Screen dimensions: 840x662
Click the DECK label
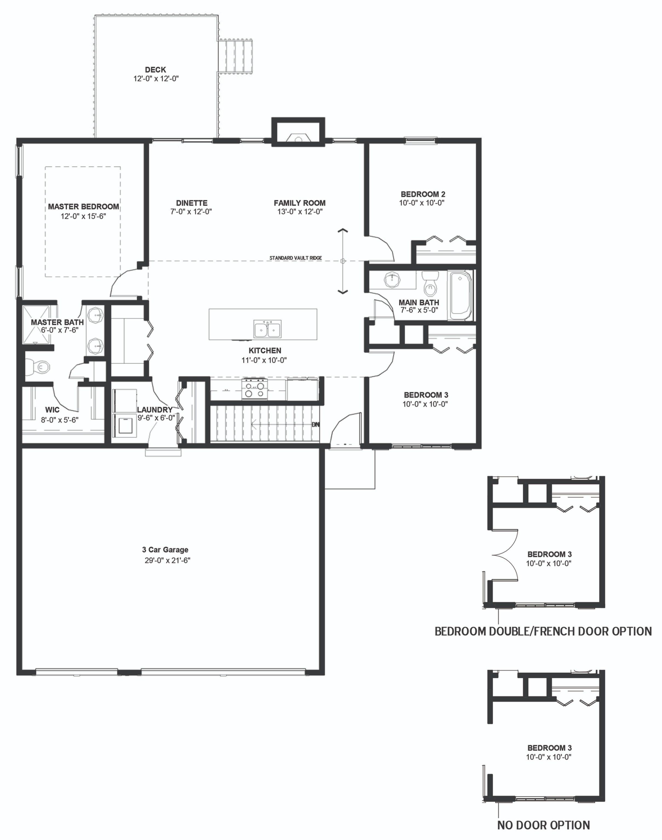click(155, 70)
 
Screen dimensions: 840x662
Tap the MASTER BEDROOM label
click(83, 207)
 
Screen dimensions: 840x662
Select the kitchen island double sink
click(267, 329)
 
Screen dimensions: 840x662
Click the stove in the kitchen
click(255, 389)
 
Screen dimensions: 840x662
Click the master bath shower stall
click(36, 325)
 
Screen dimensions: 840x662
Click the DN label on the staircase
click(316, 425)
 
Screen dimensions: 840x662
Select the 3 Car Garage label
click(165, 550)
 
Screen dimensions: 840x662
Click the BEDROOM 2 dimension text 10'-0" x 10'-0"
click(422, 203)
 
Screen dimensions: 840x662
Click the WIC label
click(52, 410)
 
